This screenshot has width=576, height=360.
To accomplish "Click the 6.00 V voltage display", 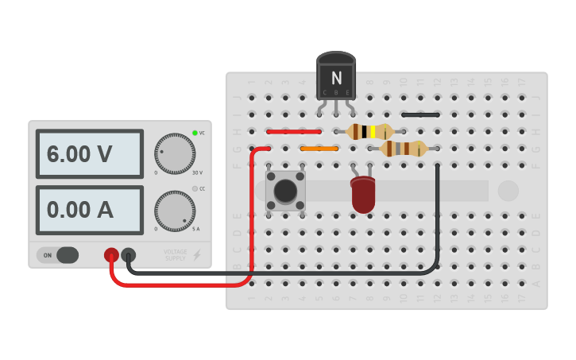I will point(89,154).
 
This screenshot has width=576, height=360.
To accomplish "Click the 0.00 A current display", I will point(89,210).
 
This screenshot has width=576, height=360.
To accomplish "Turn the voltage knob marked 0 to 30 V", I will point(175,153).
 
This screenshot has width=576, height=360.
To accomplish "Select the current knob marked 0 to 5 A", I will point(175,211).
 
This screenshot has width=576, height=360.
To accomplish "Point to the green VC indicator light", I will point(195,133).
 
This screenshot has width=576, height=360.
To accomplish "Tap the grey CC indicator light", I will point(195,188).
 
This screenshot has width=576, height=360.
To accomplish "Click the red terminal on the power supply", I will point(111,255).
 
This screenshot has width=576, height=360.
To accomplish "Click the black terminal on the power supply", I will point(128,255).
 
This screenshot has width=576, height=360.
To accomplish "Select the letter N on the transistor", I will point(336,78).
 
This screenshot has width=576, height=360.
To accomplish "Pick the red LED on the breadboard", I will point(362,194).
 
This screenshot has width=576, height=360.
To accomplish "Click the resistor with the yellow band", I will point(369,132).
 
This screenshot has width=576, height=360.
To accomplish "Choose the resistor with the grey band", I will point(404,148).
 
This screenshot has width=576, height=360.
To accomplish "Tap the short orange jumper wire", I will point(319,148).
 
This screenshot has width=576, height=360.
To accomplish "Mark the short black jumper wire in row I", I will point(421,114).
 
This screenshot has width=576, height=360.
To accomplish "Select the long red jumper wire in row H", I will point(294,131).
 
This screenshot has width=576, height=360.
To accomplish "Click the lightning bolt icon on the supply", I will point(197,255).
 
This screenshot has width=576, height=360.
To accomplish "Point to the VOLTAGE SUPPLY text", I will point(175,255).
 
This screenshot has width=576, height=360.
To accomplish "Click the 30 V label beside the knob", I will point(197,172).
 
